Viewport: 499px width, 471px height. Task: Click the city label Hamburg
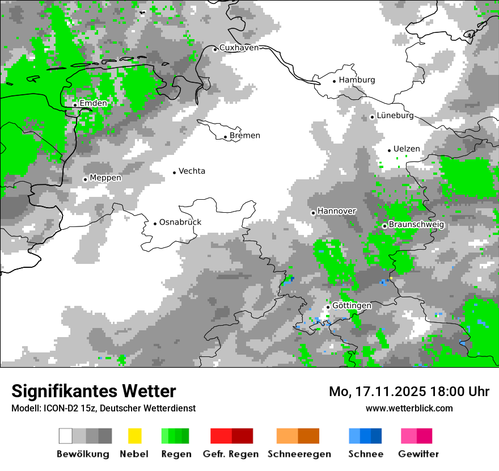(x=357, y=80)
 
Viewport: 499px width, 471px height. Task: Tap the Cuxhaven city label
(x=239, y=48)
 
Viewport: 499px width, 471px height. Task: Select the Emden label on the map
(x=93, y=103)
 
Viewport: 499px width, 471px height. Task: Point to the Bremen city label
(x=245, y=136)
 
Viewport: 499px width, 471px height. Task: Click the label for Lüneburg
(x=395, y=116)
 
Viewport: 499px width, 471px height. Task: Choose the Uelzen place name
(x=407, y=149)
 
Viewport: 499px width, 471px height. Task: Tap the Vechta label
(x=192, y=171)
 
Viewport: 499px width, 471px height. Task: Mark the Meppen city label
(x=105, y=178)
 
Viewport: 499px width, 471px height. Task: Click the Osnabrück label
(x=180, y=222)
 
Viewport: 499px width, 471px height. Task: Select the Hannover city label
(x=337, y=211)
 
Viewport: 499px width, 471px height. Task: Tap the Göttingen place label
(x=352, y=306)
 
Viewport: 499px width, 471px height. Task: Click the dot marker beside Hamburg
(x=335, y=81)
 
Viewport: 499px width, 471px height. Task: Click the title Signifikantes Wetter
(x=94, y=392)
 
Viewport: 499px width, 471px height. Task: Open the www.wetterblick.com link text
(x=409, y=408)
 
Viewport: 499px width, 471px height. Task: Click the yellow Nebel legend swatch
(x=134, y=436)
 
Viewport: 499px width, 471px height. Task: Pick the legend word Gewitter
(x=418, y=454)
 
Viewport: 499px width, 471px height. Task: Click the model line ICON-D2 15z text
(x=103, y=409)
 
